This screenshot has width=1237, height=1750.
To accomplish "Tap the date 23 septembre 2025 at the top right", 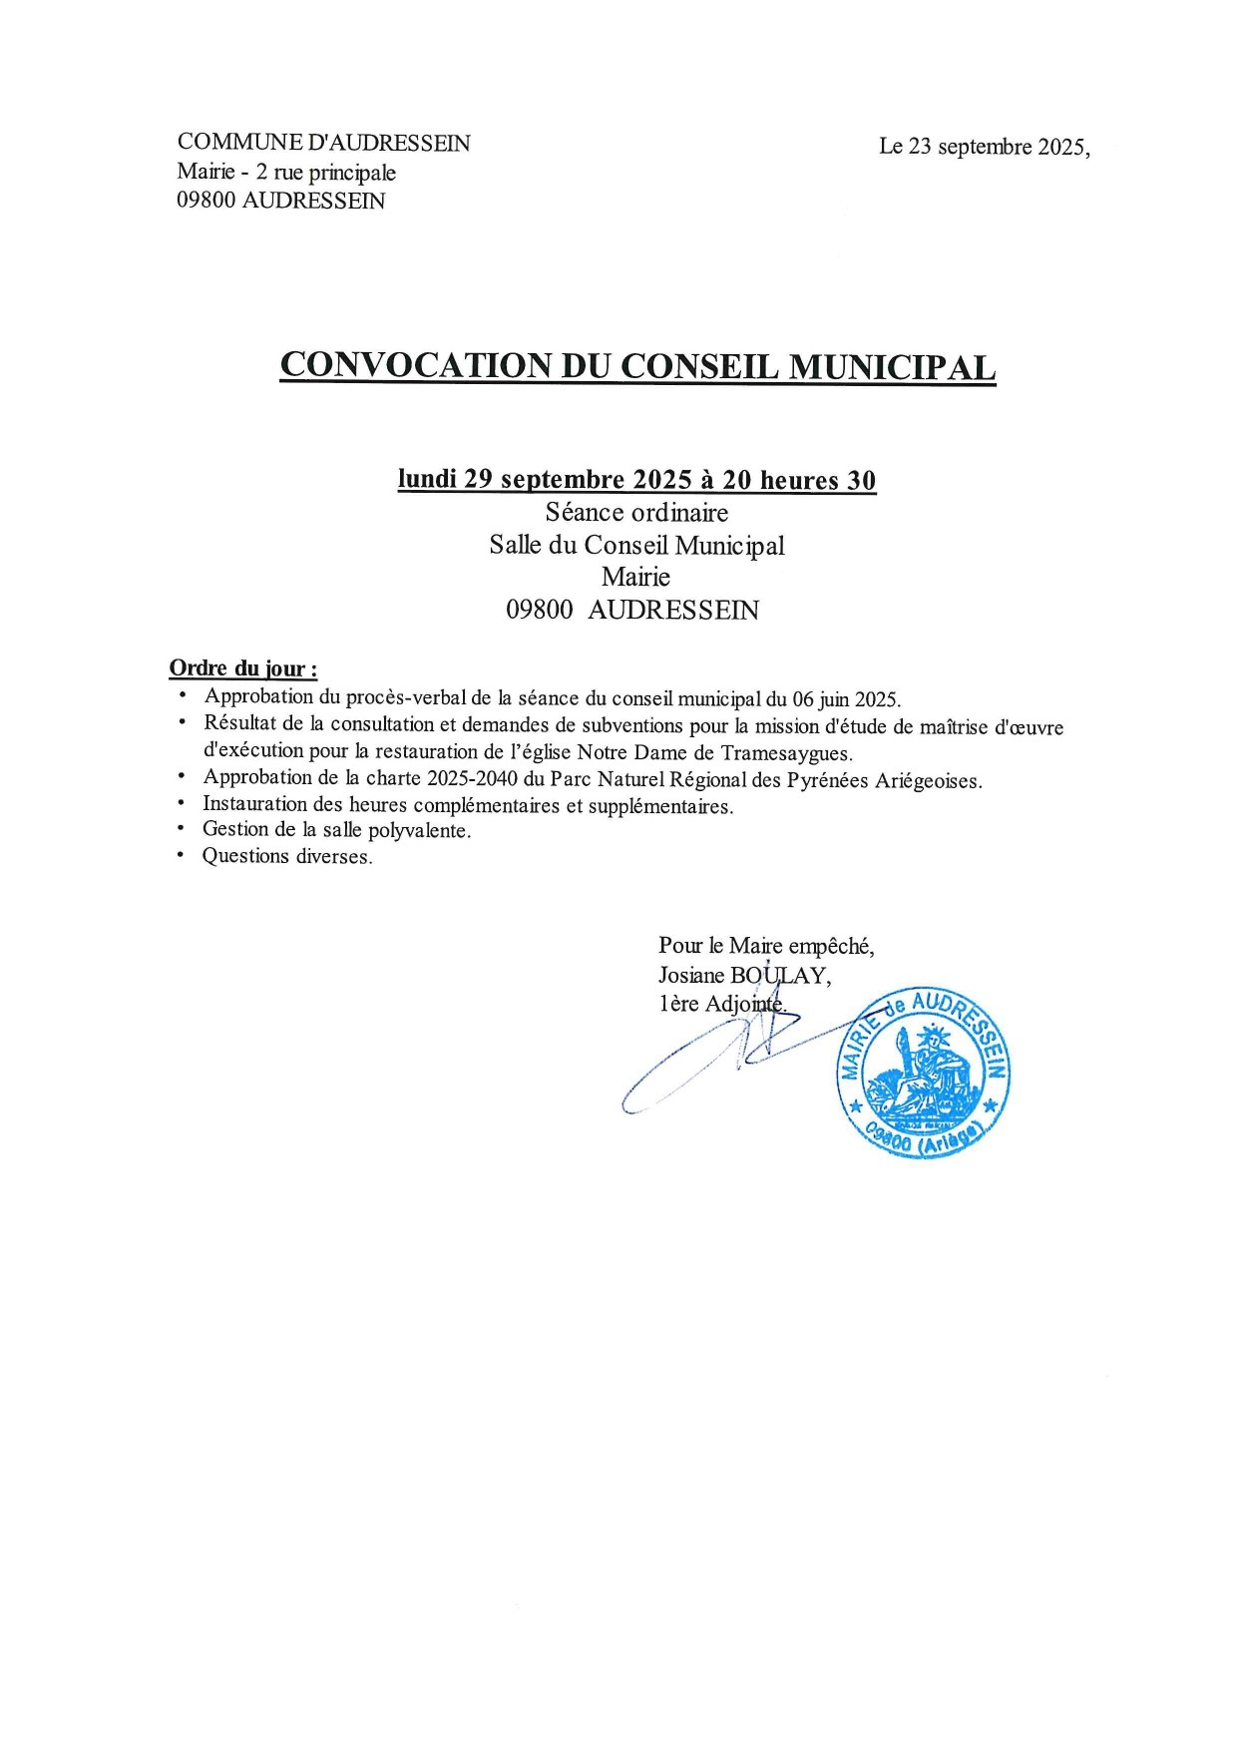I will tap(983, 147).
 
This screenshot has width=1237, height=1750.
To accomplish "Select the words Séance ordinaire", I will tap(636, 513).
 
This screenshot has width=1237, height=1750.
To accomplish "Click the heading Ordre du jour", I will tap(242, 668).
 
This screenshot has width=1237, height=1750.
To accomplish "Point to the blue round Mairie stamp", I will tap(923, 1074).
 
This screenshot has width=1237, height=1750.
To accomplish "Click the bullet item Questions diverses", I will tap(287, 856).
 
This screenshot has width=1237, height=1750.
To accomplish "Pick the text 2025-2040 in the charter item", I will tap(472, 778).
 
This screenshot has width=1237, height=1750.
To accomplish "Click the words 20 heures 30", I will tap(799, 480).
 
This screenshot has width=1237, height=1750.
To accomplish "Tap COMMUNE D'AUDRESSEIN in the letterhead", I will tap(323, 143).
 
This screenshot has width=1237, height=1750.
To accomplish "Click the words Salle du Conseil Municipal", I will tap(636, 546).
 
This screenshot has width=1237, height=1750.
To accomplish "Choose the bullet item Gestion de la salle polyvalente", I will tap(336, 830).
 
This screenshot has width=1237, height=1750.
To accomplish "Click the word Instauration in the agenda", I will tap(254, 804).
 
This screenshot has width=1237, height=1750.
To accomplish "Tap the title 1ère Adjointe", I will tap(721, 1004).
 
